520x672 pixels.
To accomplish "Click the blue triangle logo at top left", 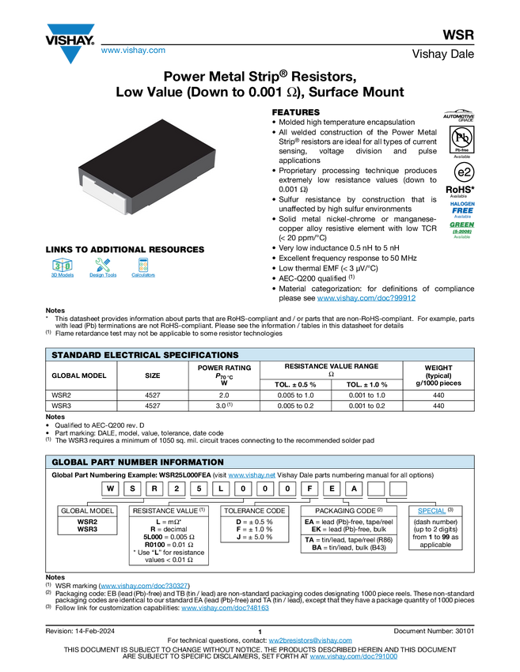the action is [71, 55].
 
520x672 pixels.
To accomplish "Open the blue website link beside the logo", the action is [133, 51].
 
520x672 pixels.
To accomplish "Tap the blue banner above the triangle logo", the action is [70, 29].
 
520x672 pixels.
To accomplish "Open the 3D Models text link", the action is [61, 275].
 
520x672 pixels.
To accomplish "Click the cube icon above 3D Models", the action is [61, 264].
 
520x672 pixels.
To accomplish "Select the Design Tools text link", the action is [102, 275].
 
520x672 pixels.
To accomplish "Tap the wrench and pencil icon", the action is [102, 264].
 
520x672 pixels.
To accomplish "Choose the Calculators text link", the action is [143, 275].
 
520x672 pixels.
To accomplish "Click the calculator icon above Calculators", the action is [143, 264].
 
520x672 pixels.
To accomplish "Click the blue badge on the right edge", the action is [462, 209].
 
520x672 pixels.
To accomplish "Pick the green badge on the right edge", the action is [462, 229].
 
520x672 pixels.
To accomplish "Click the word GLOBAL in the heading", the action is [70, 462].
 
